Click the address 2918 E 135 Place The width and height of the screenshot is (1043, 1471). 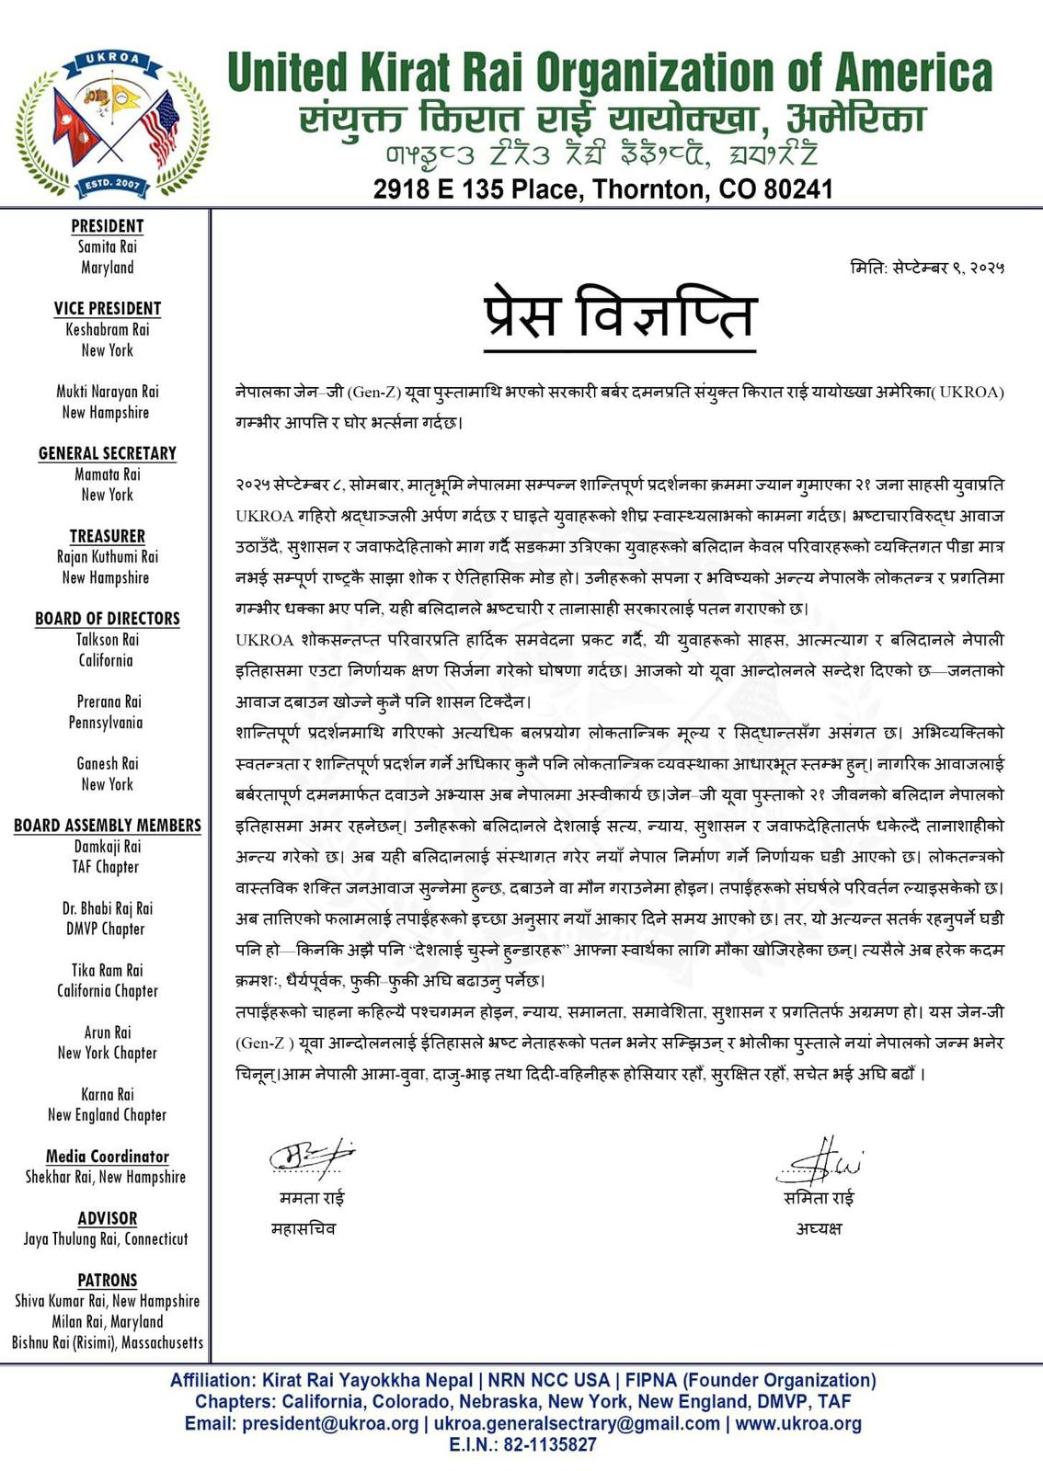pos(602,189)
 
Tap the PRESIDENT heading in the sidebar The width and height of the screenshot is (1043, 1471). pos(108,226)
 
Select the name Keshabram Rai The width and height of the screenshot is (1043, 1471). pos(108,329)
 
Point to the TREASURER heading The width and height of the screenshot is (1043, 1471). pos(108,536)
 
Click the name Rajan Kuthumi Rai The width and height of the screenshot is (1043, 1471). pos(108,557)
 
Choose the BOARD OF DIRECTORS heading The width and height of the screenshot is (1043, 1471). pos(108,619)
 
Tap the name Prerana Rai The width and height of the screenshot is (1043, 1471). pos(108,701)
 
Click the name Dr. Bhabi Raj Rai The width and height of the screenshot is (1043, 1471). pos(108,908)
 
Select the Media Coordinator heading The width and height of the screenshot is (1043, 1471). pos(108,1157)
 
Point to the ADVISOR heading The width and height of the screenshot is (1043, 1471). pos(108,1218)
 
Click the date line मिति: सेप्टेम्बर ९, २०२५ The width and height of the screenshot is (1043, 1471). pos(927,268)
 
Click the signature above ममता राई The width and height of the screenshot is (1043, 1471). pos(311,1157)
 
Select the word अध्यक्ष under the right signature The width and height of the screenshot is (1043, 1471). pos(819,1229)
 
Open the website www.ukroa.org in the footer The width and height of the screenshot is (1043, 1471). pos(797,1424)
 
